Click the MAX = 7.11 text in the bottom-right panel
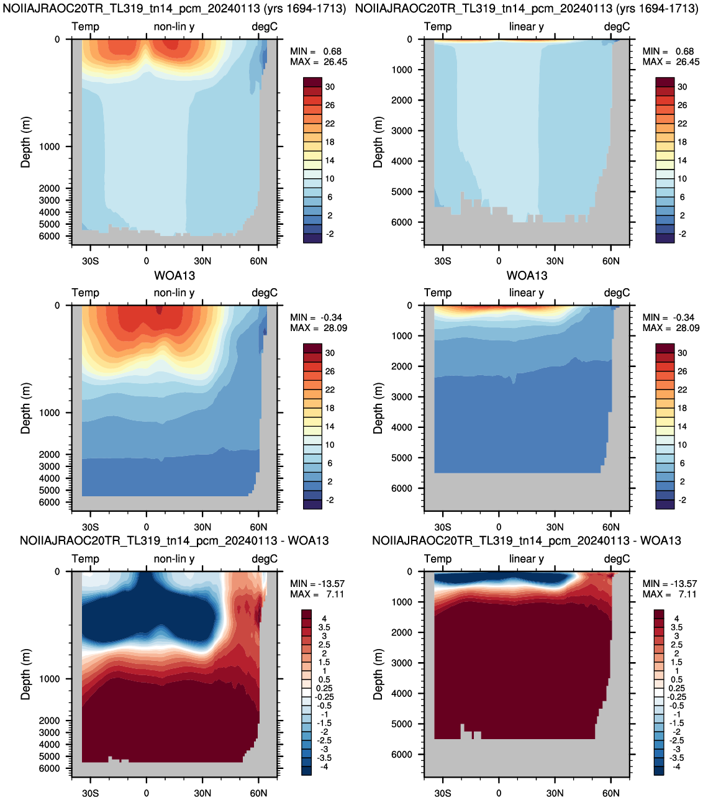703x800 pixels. pos(669,594)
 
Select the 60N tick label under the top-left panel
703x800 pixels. pos(258,261)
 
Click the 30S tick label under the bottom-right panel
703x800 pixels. pos(442,793)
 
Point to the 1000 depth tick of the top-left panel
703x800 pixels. pos(49,147)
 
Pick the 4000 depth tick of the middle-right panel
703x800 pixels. pos(402,427)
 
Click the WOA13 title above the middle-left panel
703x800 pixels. pos(174,275)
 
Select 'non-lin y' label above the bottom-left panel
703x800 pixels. pos(174,559)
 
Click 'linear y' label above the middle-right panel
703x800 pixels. pos(526,293)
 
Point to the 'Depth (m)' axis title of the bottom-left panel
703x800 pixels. pos(25,674)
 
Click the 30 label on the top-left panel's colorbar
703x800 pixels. pos(330,87)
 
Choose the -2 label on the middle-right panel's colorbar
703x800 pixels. pos(682,500)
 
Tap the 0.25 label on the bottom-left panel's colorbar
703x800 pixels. pos(324,688)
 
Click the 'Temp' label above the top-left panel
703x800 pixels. pos(85,27)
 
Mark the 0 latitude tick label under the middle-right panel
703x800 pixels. pos(499,527)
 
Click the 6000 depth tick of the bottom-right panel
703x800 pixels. pos(402,754)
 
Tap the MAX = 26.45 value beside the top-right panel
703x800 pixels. pos(671,61)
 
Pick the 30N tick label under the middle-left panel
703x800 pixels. pos(202,527)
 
